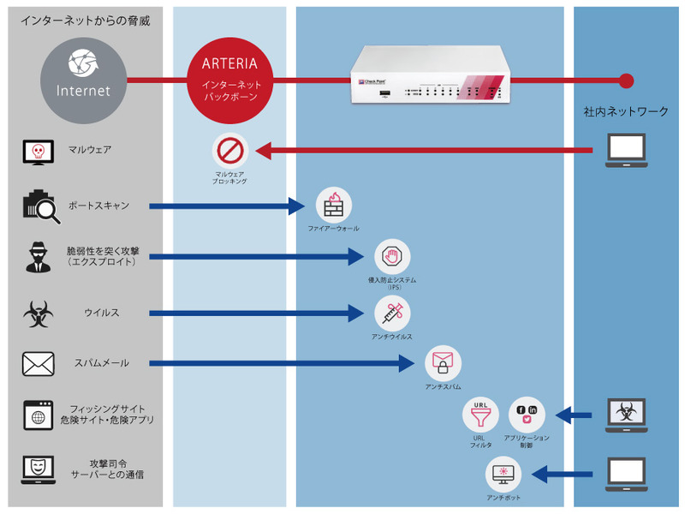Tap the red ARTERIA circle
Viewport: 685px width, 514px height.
[231, 81]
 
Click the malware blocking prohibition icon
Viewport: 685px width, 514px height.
[230, 151]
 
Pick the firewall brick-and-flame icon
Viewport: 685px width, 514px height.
[333, 205]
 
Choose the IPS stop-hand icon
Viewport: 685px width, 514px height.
[392, 256]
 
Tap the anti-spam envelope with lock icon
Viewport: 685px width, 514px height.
[444, 363]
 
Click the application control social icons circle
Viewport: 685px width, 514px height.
[527, 414]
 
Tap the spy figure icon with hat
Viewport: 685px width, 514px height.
[38, 256]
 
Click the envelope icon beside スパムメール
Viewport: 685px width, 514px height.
[38, 363]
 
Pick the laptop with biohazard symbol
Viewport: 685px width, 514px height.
[631, 415]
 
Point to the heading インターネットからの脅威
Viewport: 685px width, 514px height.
[85, 20]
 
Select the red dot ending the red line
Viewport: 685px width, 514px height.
[626, 81]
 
